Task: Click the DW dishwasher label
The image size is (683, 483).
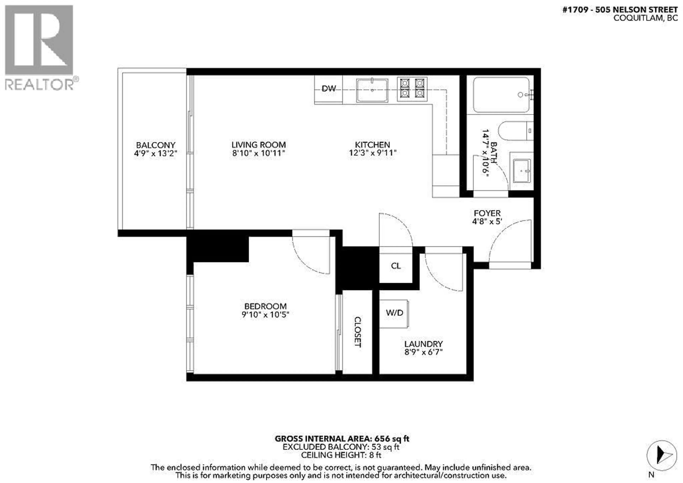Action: pos(329,88)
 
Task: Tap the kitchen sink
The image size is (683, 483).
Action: pos(372,90)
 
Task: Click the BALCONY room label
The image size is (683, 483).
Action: pos(156,145)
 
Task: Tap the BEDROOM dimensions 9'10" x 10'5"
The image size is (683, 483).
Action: pos(265,315)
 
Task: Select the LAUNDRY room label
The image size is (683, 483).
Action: pos(423,344)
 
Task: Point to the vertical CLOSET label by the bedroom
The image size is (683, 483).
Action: pos(358,332)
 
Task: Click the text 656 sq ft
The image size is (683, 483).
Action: pos(392,439)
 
